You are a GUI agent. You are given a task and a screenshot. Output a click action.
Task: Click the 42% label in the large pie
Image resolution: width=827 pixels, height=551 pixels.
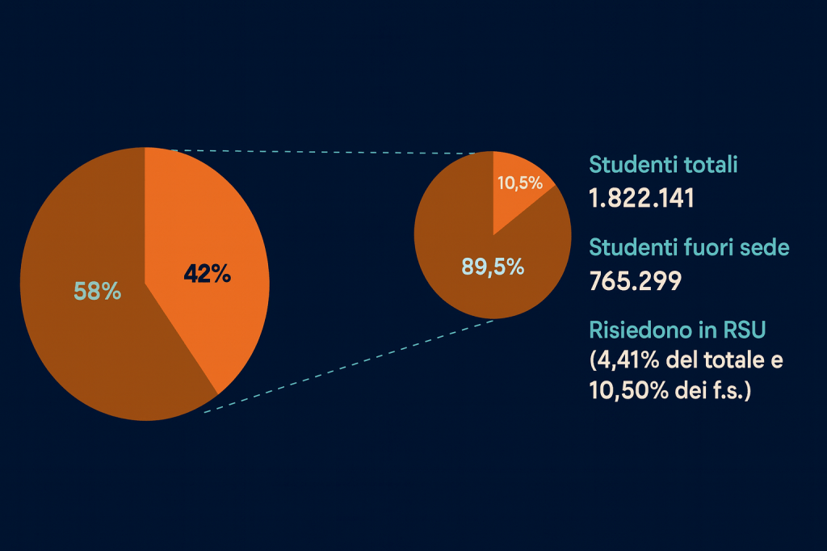[208, 275]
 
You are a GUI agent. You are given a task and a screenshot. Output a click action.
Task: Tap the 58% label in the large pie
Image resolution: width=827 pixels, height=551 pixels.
[98, 291]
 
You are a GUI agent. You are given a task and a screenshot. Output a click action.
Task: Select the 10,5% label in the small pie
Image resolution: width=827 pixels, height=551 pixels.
[519, 183]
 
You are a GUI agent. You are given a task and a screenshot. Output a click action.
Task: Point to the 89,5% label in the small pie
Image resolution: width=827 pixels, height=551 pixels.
[493, 265]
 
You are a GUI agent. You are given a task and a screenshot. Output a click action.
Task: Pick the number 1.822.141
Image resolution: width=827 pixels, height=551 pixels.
[642, 199]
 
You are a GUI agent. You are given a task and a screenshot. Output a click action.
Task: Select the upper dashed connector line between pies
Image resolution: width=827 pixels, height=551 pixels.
[323, 151]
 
